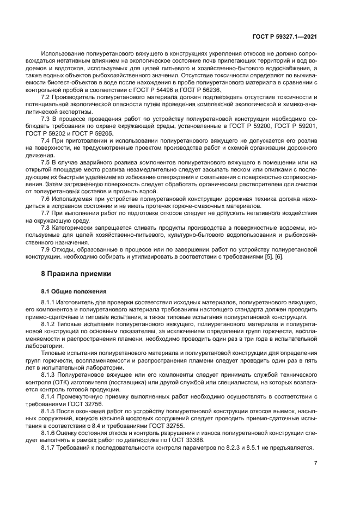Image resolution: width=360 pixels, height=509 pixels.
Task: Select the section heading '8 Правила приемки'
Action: point(76,273)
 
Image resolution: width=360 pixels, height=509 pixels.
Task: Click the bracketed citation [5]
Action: point(279,256)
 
